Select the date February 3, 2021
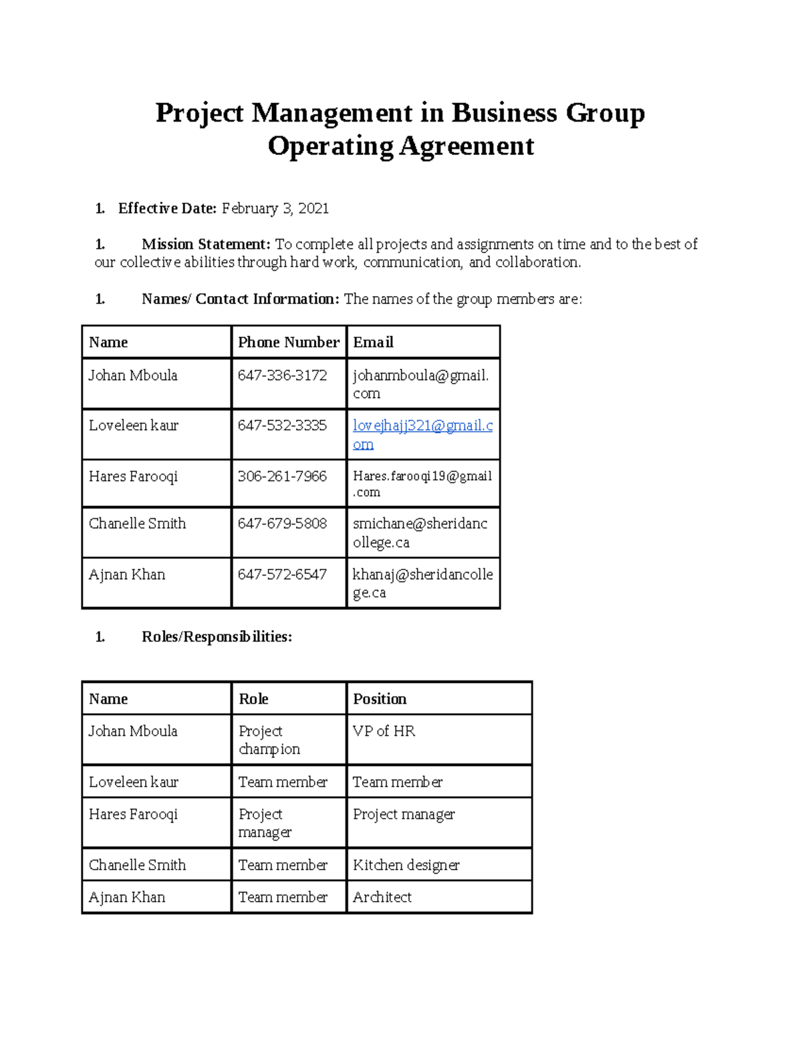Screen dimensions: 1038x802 coord(275,209)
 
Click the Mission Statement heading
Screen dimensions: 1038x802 coord(206,244)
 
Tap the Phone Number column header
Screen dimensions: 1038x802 coord(289,342)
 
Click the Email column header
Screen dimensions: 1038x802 coord(373,342)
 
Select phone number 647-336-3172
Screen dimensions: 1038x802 coord(282,376)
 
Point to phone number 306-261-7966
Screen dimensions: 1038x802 coord(282,477)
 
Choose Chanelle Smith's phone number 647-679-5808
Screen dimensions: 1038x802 coord(282,523)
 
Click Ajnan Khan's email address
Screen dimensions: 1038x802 coord(422,583)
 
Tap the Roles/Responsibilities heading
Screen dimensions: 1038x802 coord(217,637)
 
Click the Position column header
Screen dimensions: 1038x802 coord(380,699)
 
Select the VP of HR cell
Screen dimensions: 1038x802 coord(384,731)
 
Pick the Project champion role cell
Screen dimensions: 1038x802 coord(269,740)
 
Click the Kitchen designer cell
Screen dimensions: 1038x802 coord(406,865)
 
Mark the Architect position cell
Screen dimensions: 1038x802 coord(382,897)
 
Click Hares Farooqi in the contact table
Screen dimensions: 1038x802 coord(133,477)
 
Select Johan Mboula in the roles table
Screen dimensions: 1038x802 coord(133,731)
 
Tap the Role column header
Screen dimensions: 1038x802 coord(253,699)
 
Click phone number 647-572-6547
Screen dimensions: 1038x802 coord(282,575)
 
